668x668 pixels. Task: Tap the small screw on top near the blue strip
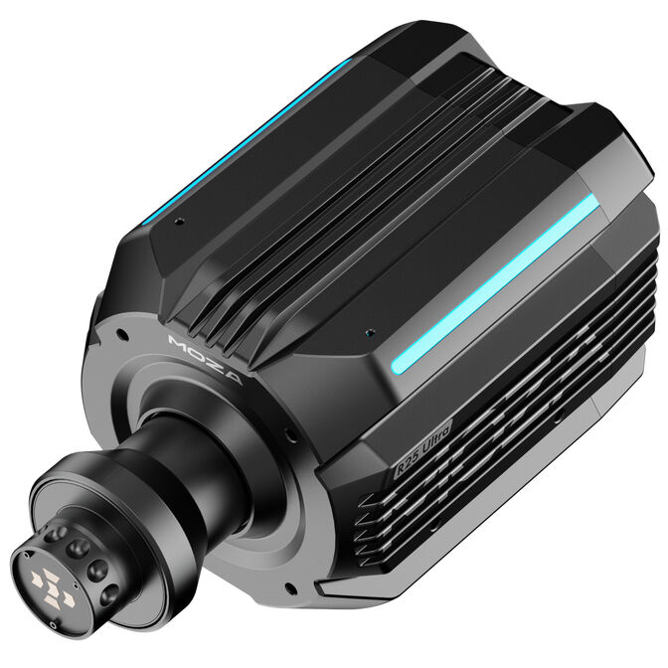[x=178, y=221]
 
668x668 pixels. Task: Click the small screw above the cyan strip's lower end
[x=370, y=333]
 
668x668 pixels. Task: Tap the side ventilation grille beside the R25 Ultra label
[x=527, y=408]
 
